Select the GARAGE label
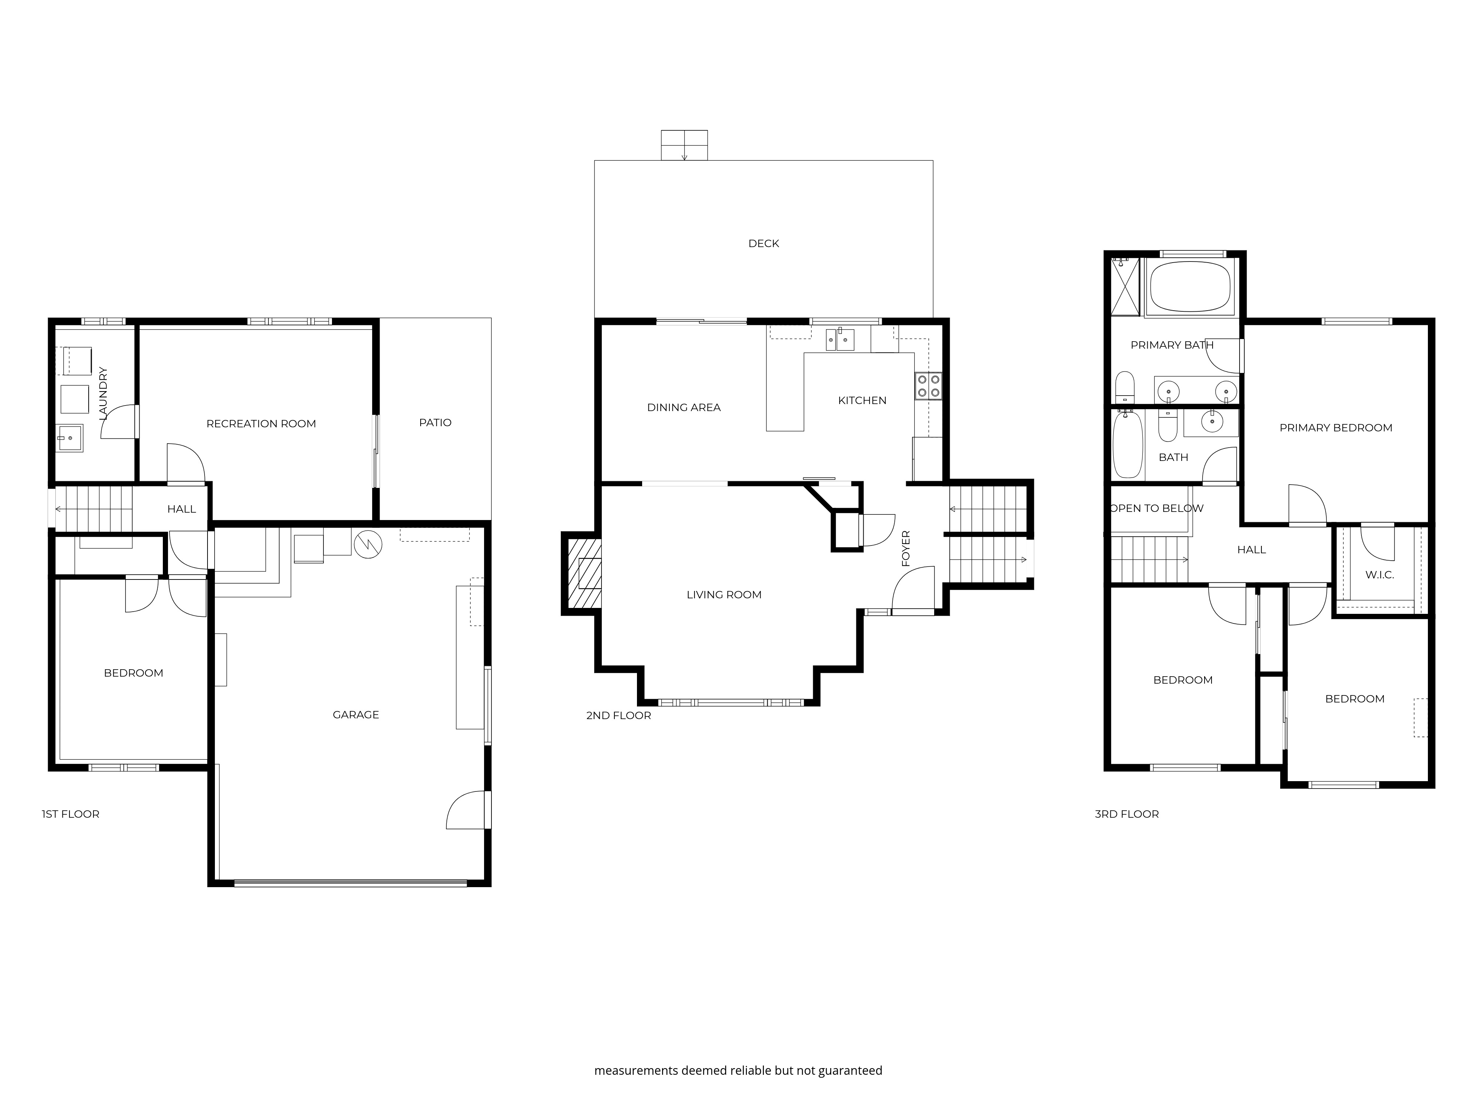tap(356, 715)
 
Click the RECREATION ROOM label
tap(261, 423)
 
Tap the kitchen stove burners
tap(928, 385)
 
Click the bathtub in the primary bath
tap(1190, 287)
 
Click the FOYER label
tap(906, 548)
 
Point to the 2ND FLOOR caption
tap(618, 715)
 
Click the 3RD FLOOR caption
tap(1127, 814)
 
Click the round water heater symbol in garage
tap(367, 544)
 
